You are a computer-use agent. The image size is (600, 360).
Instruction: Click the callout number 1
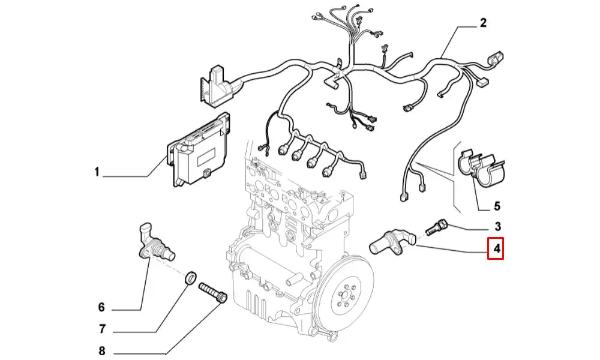pyautogui.click(x=96, y=173)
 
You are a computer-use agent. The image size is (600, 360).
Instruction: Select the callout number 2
pyautogui.click(x=483, y=24)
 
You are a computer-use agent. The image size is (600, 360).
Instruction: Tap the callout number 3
pyautogui.click(x=497, y=226)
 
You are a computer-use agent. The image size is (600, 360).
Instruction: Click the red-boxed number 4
pyautogui.click(x=496, y=248)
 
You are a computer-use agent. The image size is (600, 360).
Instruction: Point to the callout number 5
pyautogui.click(x=497, y=206)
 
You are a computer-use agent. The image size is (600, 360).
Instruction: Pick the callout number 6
pyautogui.click(x=101, y=307)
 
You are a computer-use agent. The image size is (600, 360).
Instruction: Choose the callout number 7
pyautogui.click(x=102, y=329)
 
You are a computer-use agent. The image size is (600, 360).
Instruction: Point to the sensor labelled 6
pyautogui.click(x=154, y=244)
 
